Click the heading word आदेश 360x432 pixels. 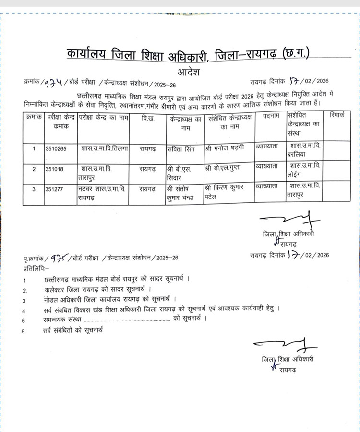[189, 73]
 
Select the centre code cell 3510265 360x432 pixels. [56, 148]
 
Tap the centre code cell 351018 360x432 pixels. [54, 169]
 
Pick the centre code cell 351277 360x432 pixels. [54, 189]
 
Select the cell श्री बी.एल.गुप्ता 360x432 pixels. [223, 169]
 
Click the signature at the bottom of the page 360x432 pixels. [285, 345]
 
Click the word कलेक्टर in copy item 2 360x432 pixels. [55, 290]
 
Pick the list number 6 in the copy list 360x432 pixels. [24, 330]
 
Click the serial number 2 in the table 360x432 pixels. [34, 169]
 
